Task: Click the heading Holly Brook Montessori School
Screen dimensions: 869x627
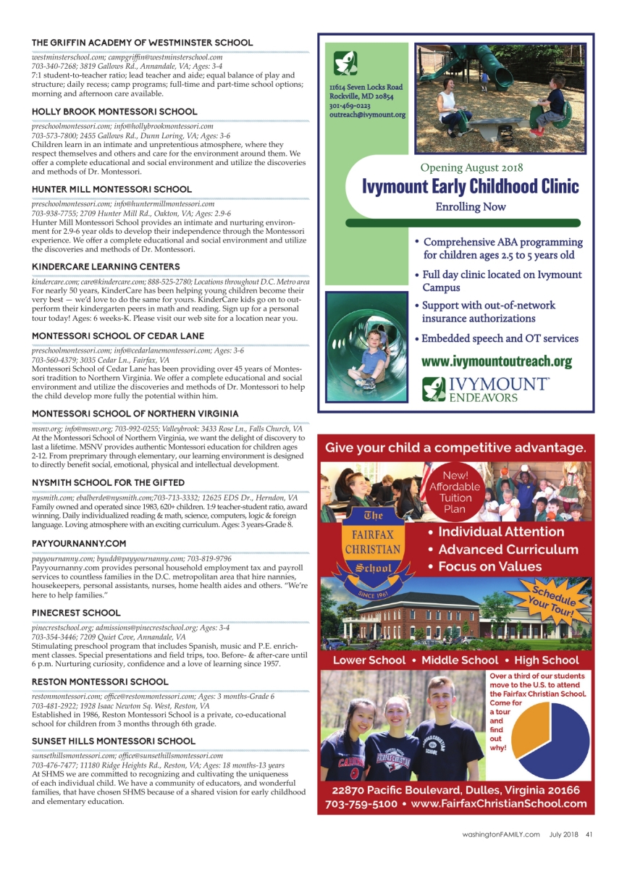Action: [x=114, y=112]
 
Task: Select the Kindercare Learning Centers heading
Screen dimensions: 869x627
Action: [x=106, y=266]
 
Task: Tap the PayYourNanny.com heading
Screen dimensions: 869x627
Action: [x=79, y=543]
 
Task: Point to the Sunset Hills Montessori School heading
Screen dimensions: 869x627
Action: [x=113, y=741]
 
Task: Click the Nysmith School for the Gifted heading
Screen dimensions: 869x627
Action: [x=108, y=482]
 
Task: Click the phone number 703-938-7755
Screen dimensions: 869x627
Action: [x=52, y=214]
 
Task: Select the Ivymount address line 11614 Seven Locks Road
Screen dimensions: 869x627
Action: [x=366, y=87]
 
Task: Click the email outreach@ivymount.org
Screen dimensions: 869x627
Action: [x=367, y=114]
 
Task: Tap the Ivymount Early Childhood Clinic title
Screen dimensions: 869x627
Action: [x=471, y=186]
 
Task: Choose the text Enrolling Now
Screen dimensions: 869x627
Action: [x=470, y=207]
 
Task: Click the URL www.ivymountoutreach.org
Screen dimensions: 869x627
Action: [x=497, y=361]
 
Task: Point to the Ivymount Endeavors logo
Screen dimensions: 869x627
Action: [x=485, y=389]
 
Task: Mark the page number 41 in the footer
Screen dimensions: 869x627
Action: [x=589, y=834]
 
